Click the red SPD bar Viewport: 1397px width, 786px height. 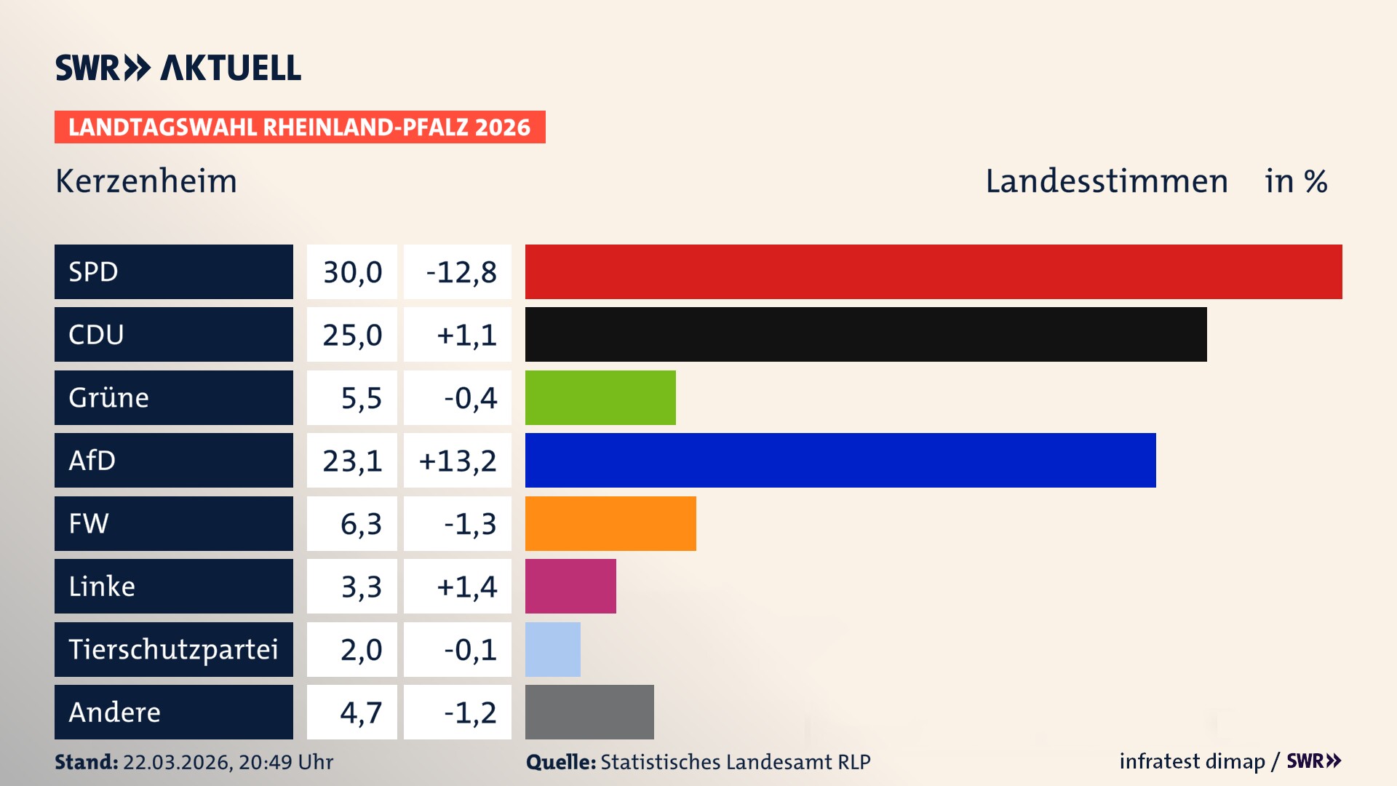pos(934,271)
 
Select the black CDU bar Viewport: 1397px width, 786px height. pos(866,335)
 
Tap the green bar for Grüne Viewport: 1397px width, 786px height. pos(600,397)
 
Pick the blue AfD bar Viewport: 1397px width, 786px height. pos(840,460)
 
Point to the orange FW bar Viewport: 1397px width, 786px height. pos(610,523)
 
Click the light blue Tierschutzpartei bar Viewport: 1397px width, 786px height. pos(553,649)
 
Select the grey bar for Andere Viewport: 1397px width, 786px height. pos(589,712)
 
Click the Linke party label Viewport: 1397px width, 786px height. pos(102,586)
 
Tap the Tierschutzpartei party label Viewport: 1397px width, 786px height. pos(173,649)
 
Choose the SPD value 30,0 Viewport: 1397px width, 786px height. pos(352,272)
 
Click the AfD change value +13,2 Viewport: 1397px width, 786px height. pos(458,461)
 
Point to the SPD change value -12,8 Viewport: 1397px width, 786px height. pos(461,272)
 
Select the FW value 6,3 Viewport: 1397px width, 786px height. pos(361,524)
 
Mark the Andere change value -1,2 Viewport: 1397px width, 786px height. pos(470,712)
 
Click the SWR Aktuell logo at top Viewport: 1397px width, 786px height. pos(178,68)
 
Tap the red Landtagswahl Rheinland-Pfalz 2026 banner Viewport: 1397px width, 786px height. pos(300,127)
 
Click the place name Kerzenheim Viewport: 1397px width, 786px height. pos(146,181)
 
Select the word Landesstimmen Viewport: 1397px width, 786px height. pos(1106,181)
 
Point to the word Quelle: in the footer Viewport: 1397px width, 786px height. pos(561,762)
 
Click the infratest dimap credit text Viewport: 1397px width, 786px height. pos(1192,761)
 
